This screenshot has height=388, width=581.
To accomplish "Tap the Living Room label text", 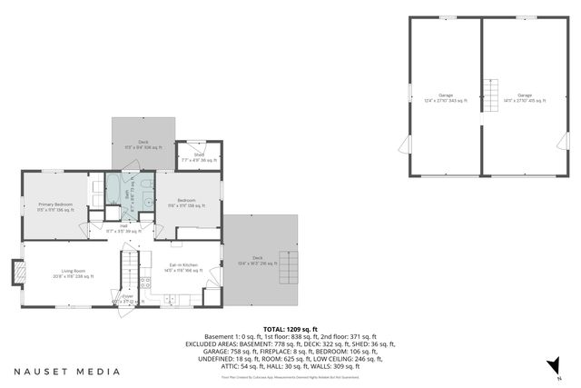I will point(74,270).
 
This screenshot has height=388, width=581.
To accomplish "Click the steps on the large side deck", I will point(288,267).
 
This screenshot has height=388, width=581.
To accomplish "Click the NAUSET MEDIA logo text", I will point(66,371).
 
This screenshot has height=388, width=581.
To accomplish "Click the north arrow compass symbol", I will point(549,365).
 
